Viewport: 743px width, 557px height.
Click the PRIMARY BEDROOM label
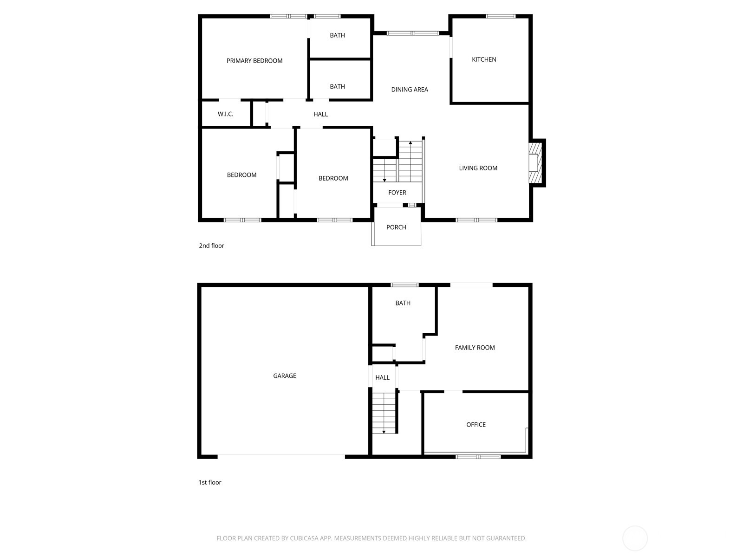[x=254, y=61]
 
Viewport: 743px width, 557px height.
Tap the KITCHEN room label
[x=484, y=59]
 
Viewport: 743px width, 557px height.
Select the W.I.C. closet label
[x=225, y=114]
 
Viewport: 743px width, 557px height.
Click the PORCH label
[x=396, y=227]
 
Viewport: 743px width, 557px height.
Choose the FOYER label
[x=397, y=193]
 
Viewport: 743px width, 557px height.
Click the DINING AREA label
[x=409, y=90]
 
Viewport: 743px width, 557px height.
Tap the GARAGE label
[x=284, y=376]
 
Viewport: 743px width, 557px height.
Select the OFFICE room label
[x=476, y=425]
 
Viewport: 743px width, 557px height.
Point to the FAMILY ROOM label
[x=475, y=348]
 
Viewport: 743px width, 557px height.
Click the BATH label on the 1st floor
[x=403, y=303]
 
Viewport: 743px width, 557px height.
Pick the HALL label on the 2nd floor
[x=320, y=114]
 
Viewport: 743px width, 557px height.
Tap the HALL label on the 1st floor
[x=382, y=378]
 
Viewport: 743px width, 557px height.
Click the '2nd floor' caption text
[x=211, y=246]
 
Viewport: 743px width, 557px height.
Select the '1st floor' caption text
[x=210, y=483]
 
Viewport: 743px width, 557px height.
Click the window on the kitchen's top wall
[x=500, y=16]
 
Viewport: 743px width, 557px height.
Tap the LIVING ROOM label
[x=478, y=168]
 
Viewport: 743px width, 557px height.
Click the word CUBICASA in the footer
[x=304, y=538]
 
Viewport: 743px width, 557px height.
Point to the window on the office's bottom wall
[x=478, y=457]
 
